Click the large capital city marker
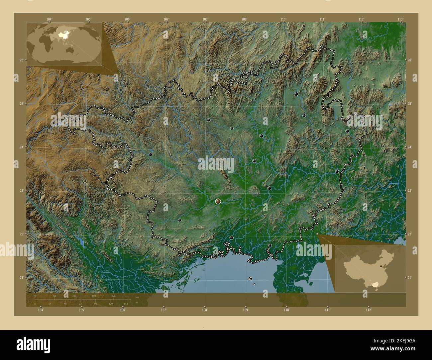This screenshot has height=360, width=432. click(x=218, y=201)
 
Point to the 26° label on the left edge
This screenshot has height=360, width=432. click(x=21, y=60)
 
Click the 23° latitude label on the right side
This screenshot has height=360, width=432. click(x=410, y=191)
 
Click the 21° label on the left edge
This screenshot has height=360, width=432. click(x=21, y=278)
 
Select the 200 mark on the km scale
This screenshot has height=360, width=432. click(x=113, y=296)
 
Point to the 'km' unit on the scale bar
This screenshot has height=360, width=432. click(x=137, y=297)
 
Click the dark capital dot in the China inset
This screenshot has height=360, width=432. click(x=381, y=266)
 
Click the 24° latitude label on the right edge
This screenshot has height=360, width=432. click(x=410, y=147)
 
